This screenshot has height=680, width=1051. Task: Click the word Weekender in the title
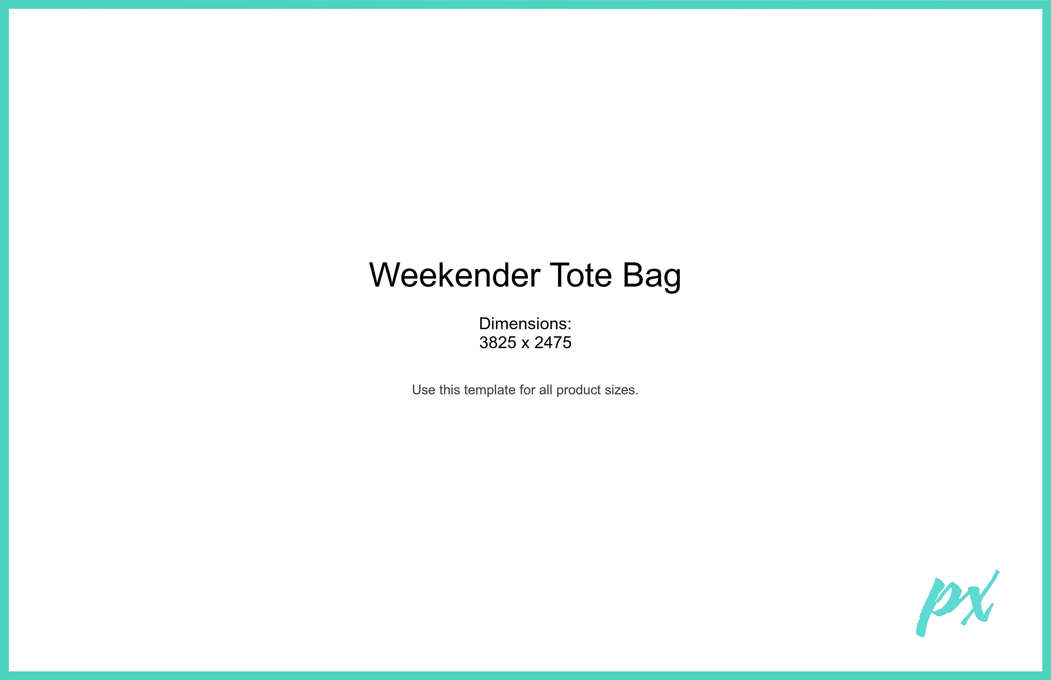click(455, 275)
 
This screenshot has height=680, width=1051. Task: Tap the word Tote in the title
click(581, 275)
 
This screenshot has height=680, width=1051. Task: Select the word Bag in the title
click(652, 277)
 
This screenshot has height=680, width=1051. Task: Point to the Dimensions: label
click(525, 324)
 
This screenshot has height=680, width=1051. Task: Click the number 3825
click(498, 343)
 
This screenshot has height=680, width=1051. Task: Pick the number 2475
click(553, 343)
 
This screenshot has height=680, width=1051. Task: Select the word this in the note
click(450, 390)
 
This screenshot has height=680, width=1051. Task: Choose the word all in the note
click(546, 390)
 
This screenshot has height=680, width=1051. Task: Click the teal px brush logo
click(957, 603)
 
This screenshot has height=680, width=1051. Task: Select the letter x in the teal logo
click(980, 598)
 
